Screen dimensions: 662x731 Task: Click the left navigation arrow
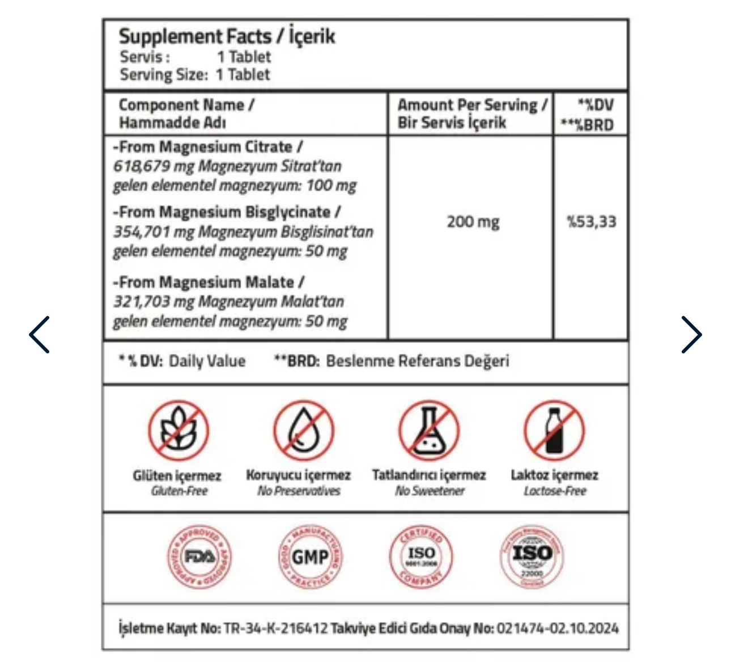coord(40,335)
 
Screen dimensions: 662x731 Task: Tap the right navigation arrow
coord(691,335)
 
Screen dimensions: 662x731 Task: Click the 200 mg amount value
coord(473,222)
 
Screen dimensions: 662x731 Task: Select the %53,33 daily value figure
coord(591,222)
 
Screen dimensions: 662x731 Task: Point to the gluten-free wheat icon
coord(178,431)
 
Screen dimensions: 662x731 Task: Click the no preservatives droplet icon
coord(303,431)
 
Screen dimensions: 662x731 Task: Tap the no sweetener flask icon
coord(428,431)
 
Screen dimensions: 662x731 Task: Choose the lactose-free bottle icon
coord(554,431)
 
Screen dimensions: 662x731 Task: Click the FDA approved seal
coord(199,556)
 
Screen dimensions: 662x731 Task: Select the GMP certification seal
coord(310,556)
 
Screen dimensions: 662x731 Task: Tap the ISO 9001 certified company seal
coord(421,556)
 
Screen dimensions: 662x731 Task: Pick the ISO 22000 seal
coord(532,556)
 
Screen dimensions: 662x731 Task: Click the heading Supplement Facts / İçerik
coord(227,37)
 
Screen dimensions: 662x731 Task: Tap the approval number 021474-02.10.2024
coord(558,628)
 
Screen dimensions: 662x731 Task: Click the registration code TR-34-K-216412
coord(275,628)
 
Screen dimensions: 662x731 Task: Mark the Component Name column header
coord(186,113)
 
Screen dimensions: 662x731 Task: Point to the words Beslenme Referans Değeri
coord(418,361)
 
